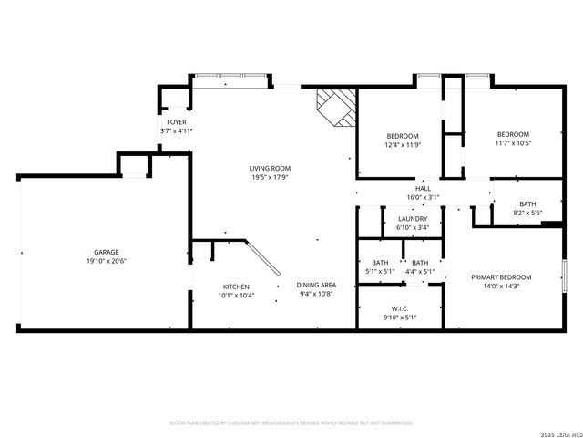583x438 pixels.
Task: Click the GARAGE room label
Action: (x=107, y=252)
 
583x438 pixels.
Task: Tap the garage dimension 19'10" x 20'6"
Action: (x=107, y=261)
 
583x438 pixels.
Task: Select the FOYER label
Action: (x=176, y=121)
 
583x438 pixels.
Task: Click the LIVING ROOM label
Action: (x=270, y=168)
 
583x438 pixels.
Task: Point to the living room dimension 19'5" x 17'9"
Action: (x=270, y=178)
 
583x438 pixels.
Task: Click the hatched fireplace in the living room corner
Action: (x=334, y=108)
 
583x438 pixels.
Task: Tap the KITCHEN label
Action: (x=236, y=286)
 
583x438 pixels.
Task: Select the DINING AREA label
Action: (x=316, y=286)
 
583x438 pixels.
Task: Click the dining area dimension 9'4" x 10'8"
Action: (x=316, y=295)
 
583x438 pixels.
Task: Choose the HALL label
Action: (x=423, y=187)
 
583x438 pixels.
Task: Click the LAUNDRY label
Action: (x=413, y=219)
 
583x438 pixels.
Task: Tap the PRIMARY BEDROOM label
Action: (x=500, y=276)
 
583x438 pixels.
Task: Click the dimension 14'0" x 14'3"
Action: (x=500, y=287)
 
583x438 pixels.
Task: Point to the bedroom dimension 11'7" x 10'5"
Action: (x=513, y=143)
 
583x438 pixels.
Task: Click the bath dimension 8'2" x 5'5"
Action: (x=528, y=214)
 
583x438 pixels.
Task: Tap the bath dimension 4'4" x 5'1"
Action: (x=420, y=271)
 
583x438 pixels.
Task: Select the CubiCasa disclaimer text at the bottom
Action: (x=291, y=423)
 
